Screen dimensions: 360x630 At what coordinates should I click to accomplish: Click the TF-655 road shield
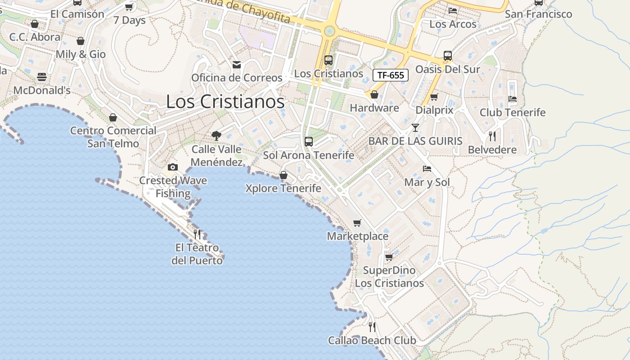(x=390, y=75)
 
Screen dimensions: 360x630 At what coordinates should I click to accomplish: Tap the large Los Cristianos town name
(x=225, y=102)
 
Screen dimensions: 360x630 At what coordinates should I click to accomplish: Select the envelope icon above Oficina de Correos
(x=237, y=65)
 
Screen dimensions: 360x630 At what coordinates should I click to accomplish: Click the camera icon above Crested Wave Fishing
(x=173, y=167)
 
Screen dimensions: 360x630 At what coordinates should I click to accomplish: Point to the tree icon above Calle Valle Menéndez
(x=216, y=135)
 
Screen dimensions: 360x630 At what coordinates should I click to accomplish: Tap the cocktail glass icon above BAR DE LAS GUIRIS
(x=415, y=128)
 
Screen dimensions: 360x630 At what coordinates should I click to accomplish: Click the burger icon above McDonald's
(x=42, y=77)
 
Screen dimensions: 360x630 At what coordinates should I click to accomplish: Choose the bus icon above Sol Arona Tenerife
(x=309, y=142)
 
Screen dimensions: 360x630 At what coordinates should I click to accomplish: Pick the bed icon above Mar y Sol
(x=427, y=169)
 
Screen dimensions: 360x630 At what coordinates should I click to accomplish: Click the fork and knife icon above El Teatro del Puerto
(x=197, y=234)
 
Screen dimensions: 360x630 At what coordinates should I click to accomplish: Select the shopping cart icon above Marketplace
(x=357, y=223)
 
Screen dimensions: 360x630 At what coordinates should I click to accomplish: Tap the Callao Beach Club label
(x=372, y=341)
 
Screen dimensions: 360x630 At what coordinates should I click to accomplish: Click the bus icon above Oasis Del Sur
(x=448, y=56)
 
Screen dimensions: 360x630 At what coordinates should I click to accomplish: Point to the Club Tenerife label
(x=512, y=112)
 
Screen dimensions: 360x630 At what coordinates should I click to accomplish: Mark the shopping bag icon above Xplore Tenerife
(x=283, y=175)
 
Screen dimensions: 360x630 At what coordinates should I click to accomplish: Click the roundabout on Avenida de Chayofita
(x=329, y=31)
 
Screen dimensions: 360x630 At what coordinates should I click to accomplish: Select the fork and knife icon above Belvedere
(x=492, y=136)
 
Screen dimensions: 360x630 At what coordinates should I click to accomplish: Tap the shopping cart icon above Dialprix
(x=434, y=97)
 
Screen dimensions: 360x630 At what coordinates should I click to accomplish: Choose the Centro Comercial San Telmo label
(x=113, y=137)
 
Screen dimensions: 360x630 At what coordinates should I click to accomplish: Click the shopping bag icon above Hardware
(x=374, y=94)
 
